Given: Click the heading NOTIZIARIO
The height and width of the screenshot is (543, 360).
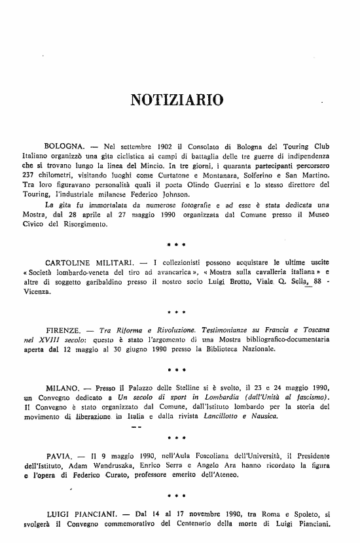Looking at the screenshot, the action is [x=177, y=100].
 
